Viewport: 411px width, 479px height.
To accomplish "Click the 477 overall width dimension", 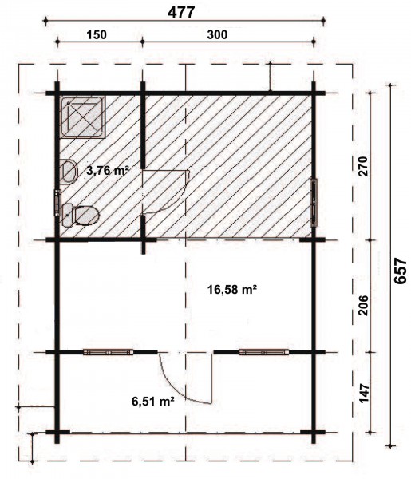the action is tap(181, 13).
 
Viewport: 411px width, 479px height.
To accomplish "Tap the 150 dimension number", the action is tap(97, 34).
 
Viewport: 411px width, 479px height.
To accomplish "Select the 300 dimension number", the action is tap(217, 34).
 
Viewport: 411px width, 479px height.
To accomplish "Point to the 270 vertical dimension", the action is tap(363, 166).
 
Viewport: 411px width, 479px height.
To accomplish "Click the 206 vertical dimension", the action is tap(363, 305).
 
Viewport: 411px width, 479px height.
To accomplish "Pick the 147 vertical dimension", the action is tap(363, 393).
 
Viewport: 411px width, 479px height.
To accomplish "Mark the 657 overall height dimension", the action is tap(401, 271).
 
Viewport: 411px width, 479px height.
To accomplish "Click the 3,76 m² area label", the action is tap(107, 171).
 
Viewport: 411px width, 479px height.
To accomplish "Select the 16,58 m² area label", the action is tap(231, 289).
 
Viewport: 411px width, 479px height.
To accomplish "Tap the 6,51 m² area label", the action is tap(153, 401).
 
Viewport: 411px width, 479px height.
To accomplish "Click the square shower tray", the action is tap(82, 117).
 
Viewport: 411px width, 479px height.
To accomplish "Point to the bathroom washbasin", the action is tap(69, 172).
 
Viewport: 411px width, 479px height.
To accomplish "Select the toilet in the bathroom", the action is tap(81, 216).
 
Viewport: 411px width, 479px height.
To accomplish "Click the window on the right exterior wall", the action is tap(314, 203).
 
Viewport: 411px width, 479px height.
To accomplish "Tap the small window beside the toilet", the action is tap(57, 203).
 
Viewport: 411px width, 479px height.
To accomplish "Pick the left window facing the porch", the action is tap(108, 352).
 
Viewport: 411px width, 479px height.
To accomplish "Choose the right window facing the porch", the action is tap(264, 352).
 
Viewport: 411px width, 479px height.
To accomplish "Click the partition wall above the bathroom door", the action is tap(143, 125).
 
